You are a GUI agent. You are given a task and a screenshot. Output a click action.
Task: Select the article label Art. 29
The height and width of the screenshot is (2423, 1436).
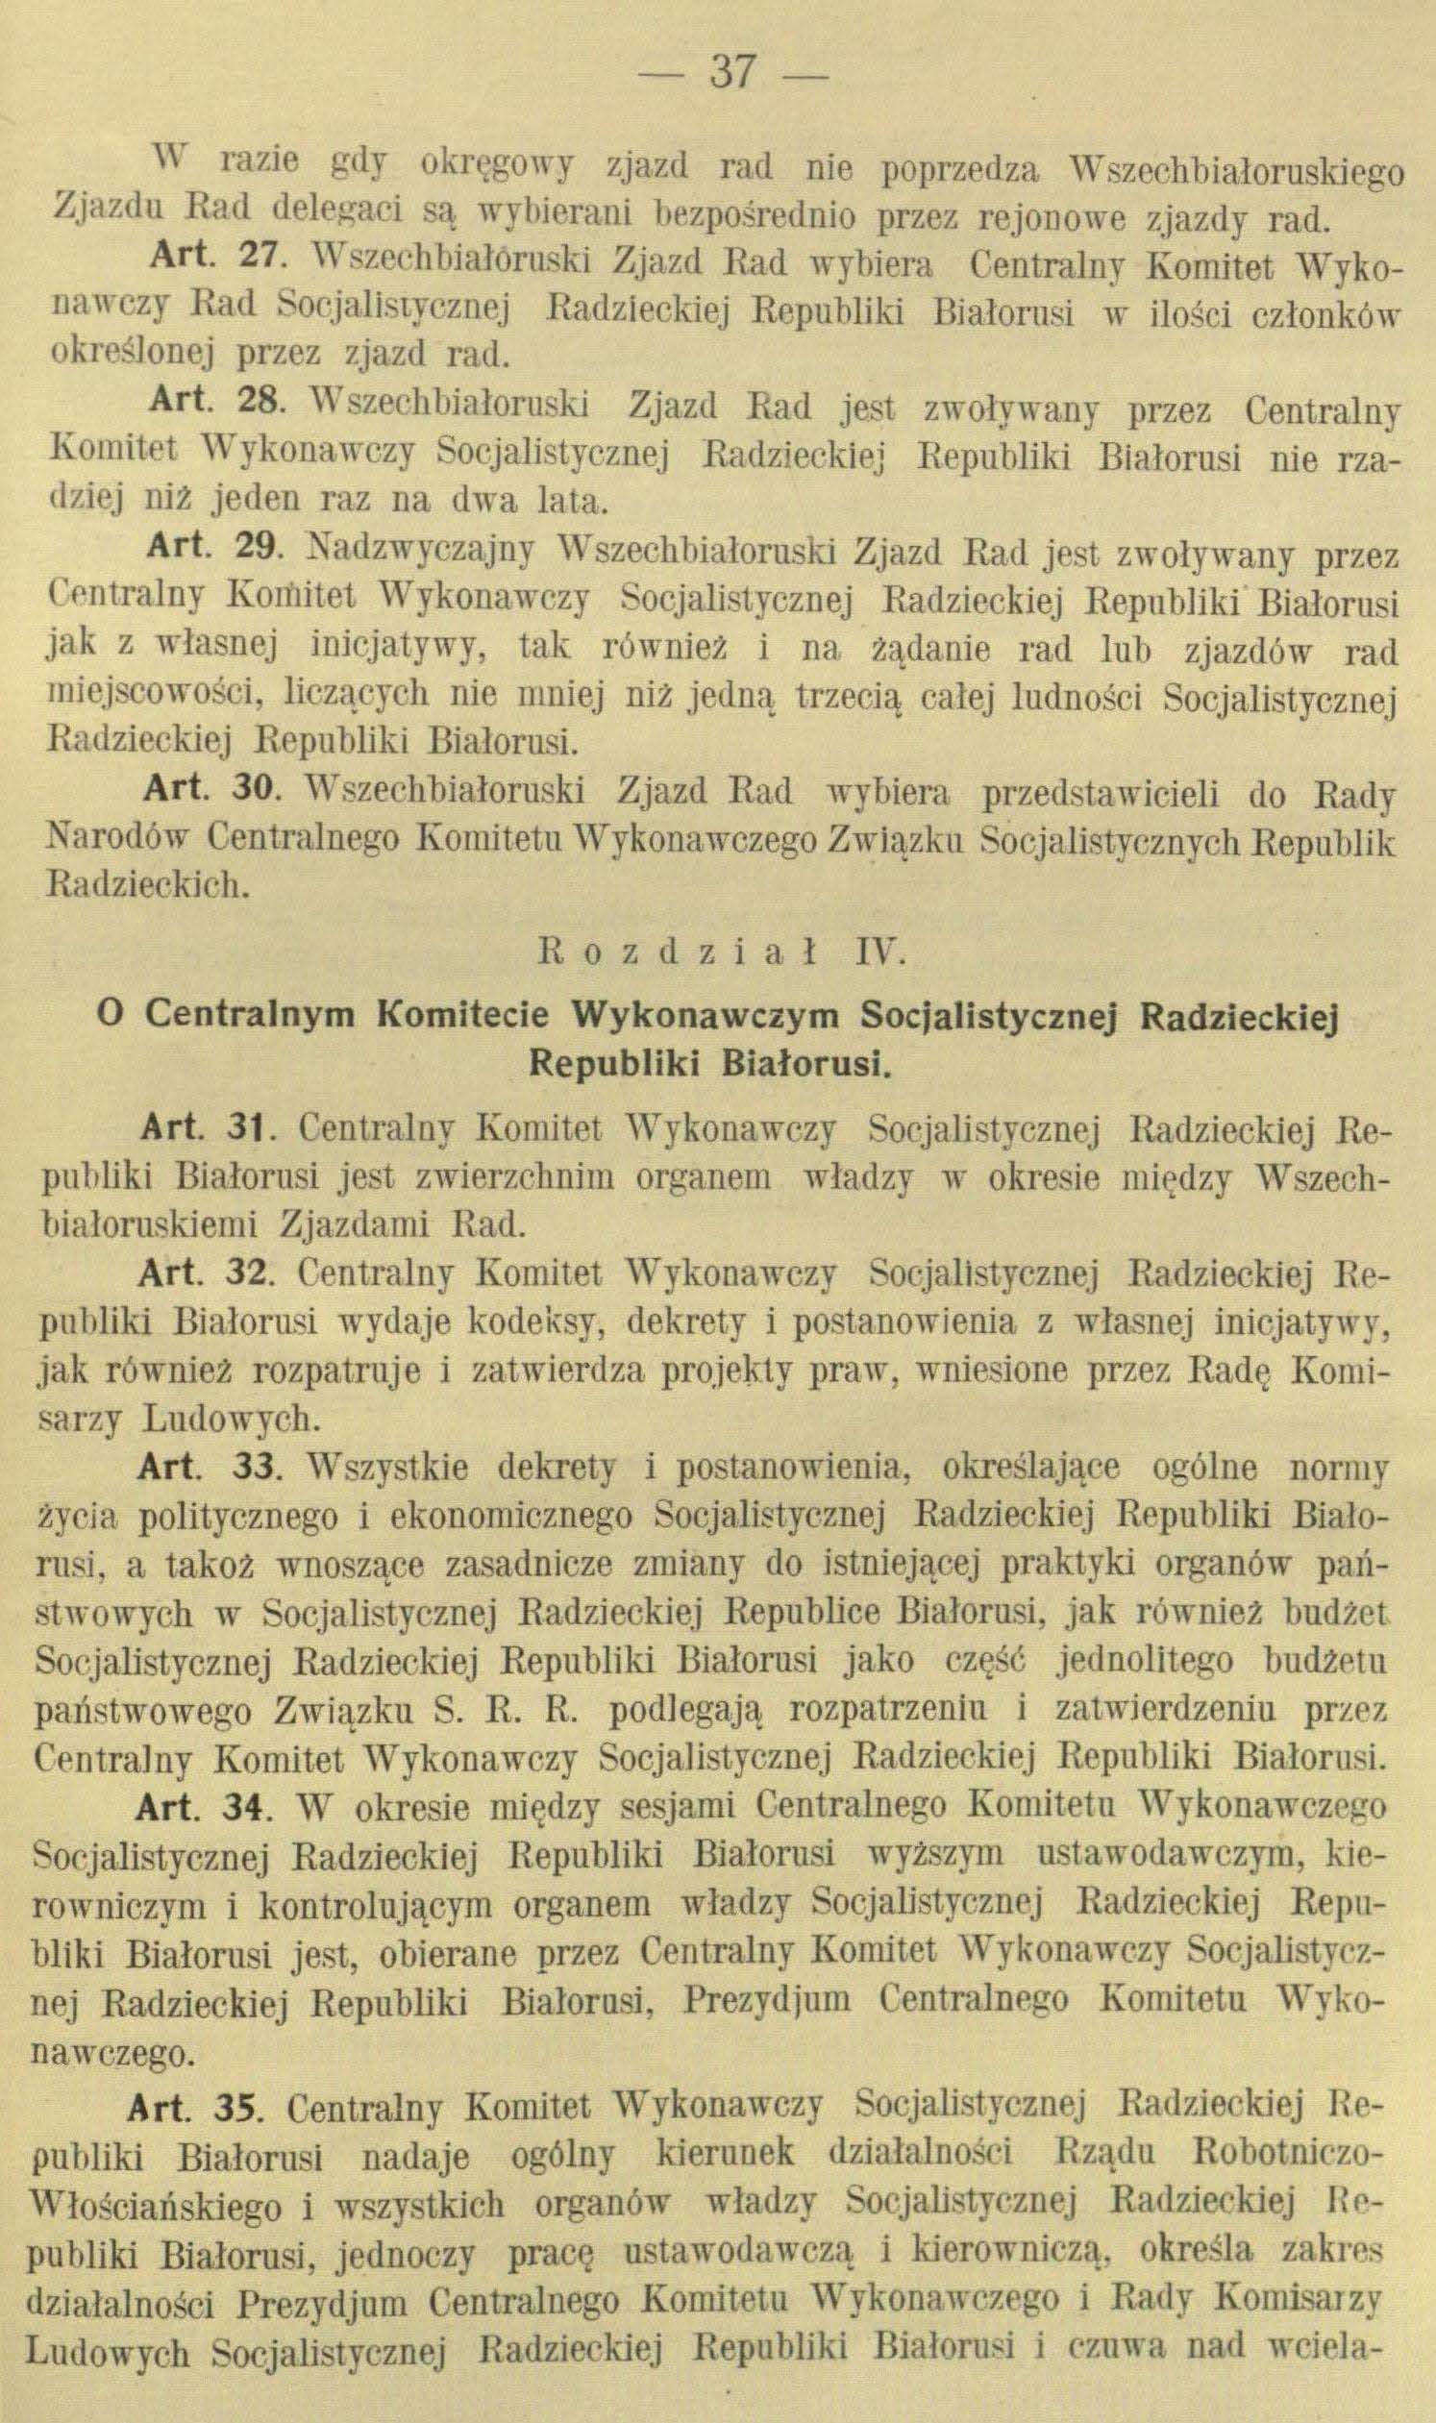coord(214,556)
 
